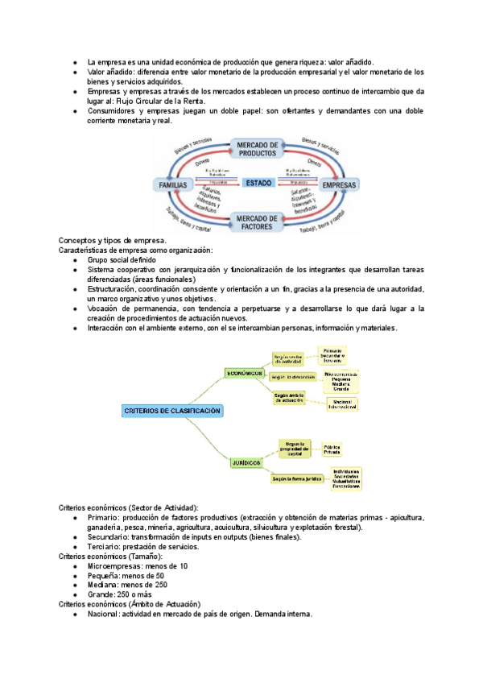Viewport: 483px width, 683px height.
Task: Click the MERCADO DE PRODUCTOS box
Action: tap(257, 148)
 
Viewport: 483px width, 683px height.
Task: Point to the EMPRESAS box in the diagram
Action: tap(338, 184)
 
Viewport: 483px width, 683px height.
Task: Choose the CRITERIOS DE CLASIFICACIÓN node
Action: tap(171, 411)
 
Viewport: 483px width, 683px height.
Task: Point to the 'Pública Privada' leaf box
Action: tap(332, 449)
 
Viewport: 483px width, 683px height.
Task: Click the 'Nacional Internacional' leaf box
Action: tap(341, 404)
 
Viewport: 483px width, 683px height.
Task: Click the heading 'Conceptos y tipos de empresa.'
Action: tap(113, 241)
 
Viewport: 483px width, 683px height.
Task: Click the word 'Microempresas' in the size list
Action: tap(112, 566)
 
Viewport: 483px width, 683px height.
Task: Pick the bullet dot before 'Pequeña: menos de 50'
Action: tap(74, 576)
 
